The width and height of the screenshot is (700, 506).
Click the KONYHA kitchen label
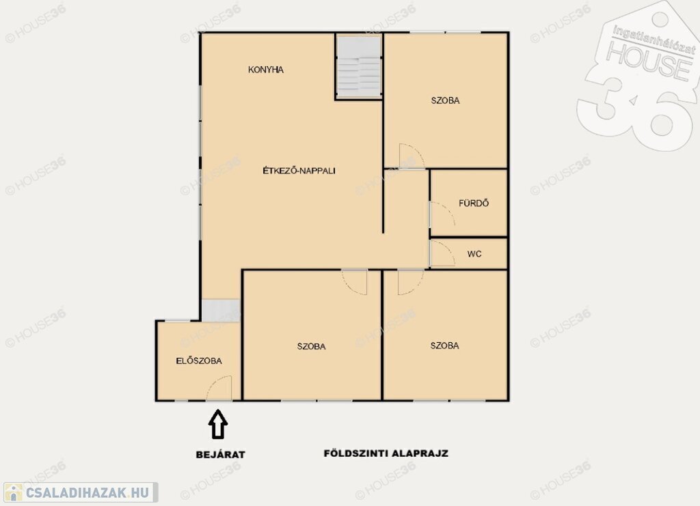(266, 70)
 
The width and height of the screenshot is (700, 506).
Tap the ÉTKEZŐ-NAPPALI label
(299, 170)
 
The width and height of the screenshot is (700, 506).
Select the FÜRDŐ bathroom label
(474, 203)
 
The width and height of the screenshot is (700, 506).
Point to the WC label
(474, 254)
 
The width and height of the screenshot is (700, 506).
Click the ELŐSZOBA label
(199, 361)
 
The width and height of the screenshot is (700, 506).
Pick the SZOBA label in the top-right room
(445, 100)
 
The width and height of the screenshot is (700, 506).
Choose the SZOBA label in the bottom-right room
(444, 346)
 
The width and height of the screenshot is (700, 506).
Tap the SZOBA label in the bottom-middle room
(311, 346)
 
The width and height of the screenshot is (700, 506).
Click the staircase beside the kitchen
(359, 67)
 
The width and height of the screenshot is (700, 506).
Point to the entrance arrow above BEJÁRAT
(218, 424)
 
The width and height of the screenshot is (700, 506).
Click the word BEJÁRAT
(221, 455)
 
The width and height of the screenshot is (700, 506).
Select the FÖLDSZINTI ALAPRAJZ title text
(386, 453)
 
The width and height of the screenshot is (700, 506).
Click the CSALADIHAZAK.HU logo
(81, 492)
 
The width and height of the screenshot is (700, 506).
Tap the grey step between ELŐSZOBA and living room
(221, 311)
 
